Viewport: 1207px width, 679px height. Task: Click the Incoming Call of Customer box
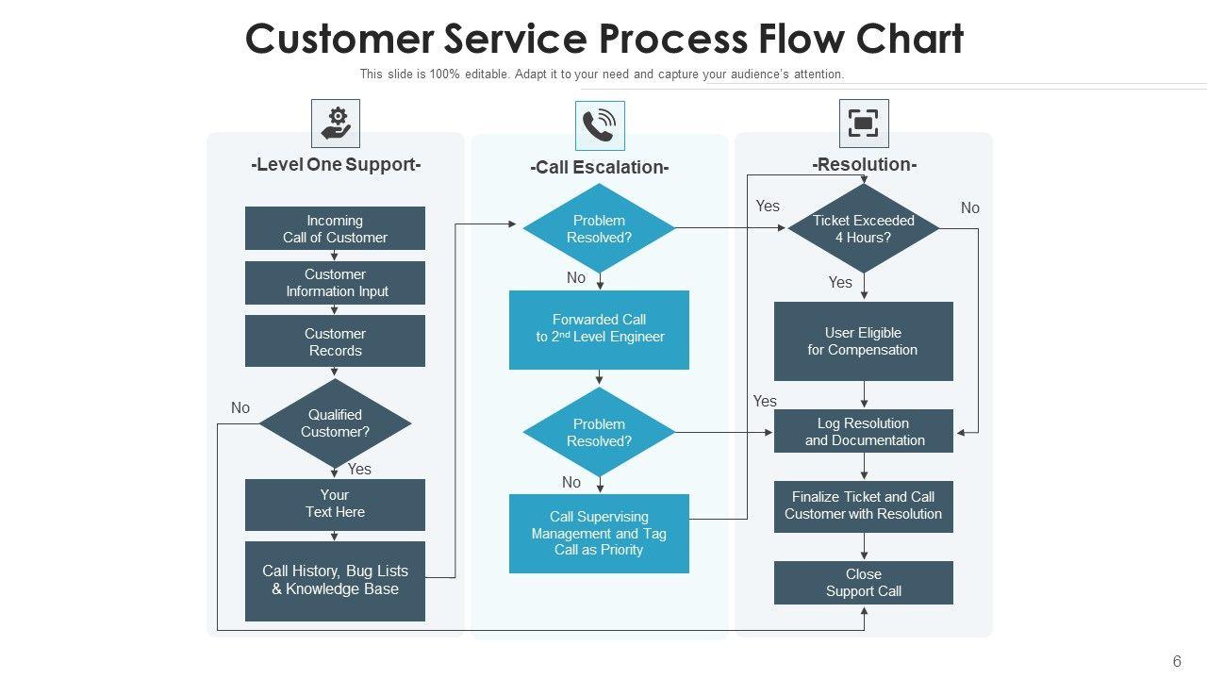335,228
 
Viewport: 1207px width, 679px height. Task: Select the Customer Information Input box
335,283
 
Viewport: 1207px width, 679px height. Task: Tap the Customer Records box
335,341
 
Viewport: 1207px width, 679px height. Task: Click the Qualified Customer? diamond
335,423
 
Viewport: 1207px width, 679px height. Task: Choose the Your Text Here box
335,504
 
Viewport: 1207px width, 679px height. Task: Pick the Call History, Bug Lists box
335,580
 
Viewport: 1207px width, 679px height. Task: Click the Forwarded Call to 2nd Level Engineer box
599,329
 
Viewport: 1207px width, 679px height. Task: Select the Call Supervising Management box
599,533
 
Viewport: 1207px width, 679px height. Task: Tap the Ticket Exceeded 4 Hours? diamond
863,228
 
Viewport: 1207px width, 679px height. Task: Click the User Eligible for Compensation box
863,341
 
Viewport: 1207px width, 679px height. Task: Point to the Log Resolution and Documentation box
863,432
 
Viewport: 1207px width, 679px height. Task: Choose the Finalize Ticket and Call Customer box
863,505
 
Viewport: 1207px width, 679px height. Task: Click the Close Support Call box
863,583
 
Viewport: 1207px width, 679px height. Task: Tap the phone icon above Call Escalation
600,125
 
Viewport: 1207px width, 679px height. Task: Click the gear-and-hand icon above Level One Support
336,124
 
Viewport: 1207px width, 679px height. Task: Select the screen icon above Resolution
864,124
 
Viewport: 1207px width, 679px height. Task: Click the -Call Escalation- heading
599,168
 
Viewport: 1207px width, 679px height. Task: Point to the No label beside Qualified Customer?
240,408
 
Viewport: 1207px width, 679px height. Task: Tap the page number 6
1177,662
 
